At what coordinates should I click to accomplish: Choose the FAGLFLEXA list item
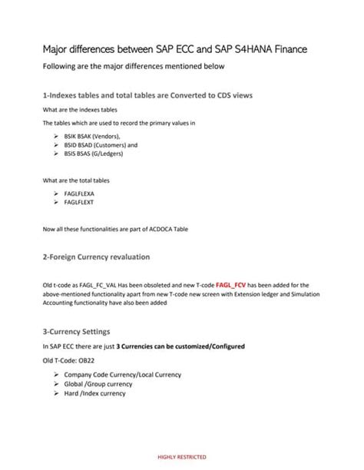coord(85,195)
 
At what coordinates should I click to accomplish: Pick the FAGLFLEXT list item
coord(85,204)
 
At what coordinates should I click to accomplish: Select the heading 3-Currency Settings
coord(87,331)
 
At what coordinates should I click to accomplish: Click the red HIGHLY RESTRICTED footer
coord(181,456)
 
